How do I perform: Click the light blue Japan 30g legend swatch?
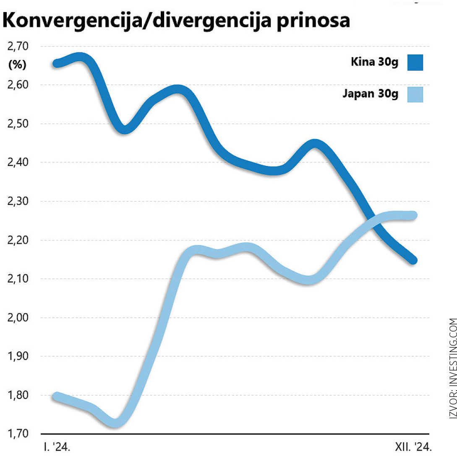pos(415,94)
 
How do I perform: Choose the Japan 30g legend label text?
pos(370,94)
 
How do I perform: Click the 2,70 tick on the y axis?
pos(17,47)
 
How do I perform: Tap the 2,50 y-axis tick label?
pos(17,124)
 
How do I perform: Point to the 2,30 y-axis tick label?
pos(17,202)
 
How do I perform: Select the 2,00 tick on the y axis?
pos(17,318)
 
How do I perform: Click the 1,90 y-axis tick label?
pos(17,356)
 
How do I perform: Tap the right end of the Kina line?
pos(413,260)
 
